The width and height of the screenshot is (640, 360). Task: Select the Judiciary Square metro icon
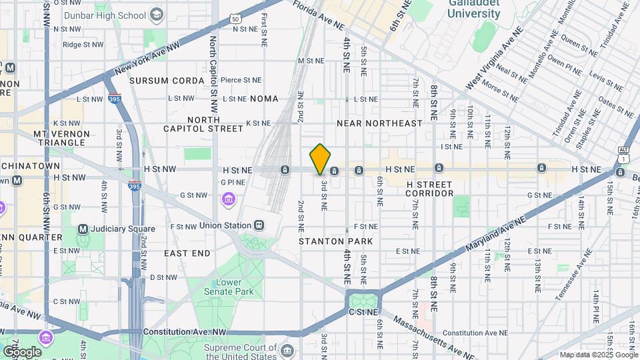click(x=83, y=229)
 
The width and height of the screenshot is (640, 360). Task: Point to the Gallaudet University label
click(x=475, y=9)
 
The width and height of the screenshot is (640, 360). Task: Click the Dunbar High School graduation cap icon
click(x=156, y=15)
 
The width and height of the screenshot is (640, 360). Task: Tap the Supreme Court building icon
click(x=287, y=351)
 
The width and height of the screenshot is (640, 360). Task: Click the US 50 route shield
click(x=236, y=19)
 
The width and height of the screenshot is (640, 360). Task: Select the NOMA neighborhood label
click(x=264, y=99)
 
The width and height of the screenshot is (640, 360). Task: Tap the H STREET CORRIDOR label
click(x=429, y=189)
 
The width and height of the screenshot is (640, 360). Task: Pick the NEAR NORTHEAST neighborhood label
click(x=379, y=123)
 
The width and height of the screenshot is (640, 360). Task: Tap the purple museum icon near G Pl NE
click(x=229, y=199)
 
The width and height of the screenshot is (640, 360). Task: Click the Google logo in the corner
click(x=22, y=352)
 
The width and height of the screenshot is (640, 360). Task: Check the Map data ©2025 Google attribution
click(x=597, y=355)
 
